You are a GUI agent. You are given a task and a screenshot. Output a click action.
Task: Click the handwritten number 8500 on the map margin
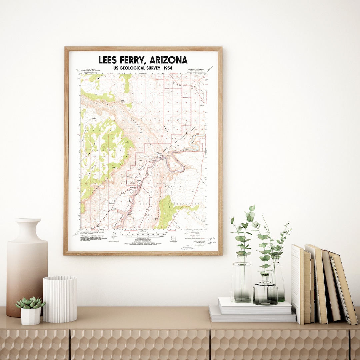tap(211, 239)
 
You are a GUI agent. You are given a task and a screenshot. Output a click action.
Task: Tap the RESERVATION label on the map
tap(187, 204)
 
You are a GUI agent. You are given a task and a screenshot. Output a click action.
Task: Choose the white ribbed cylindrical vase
tap(60, 299)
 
